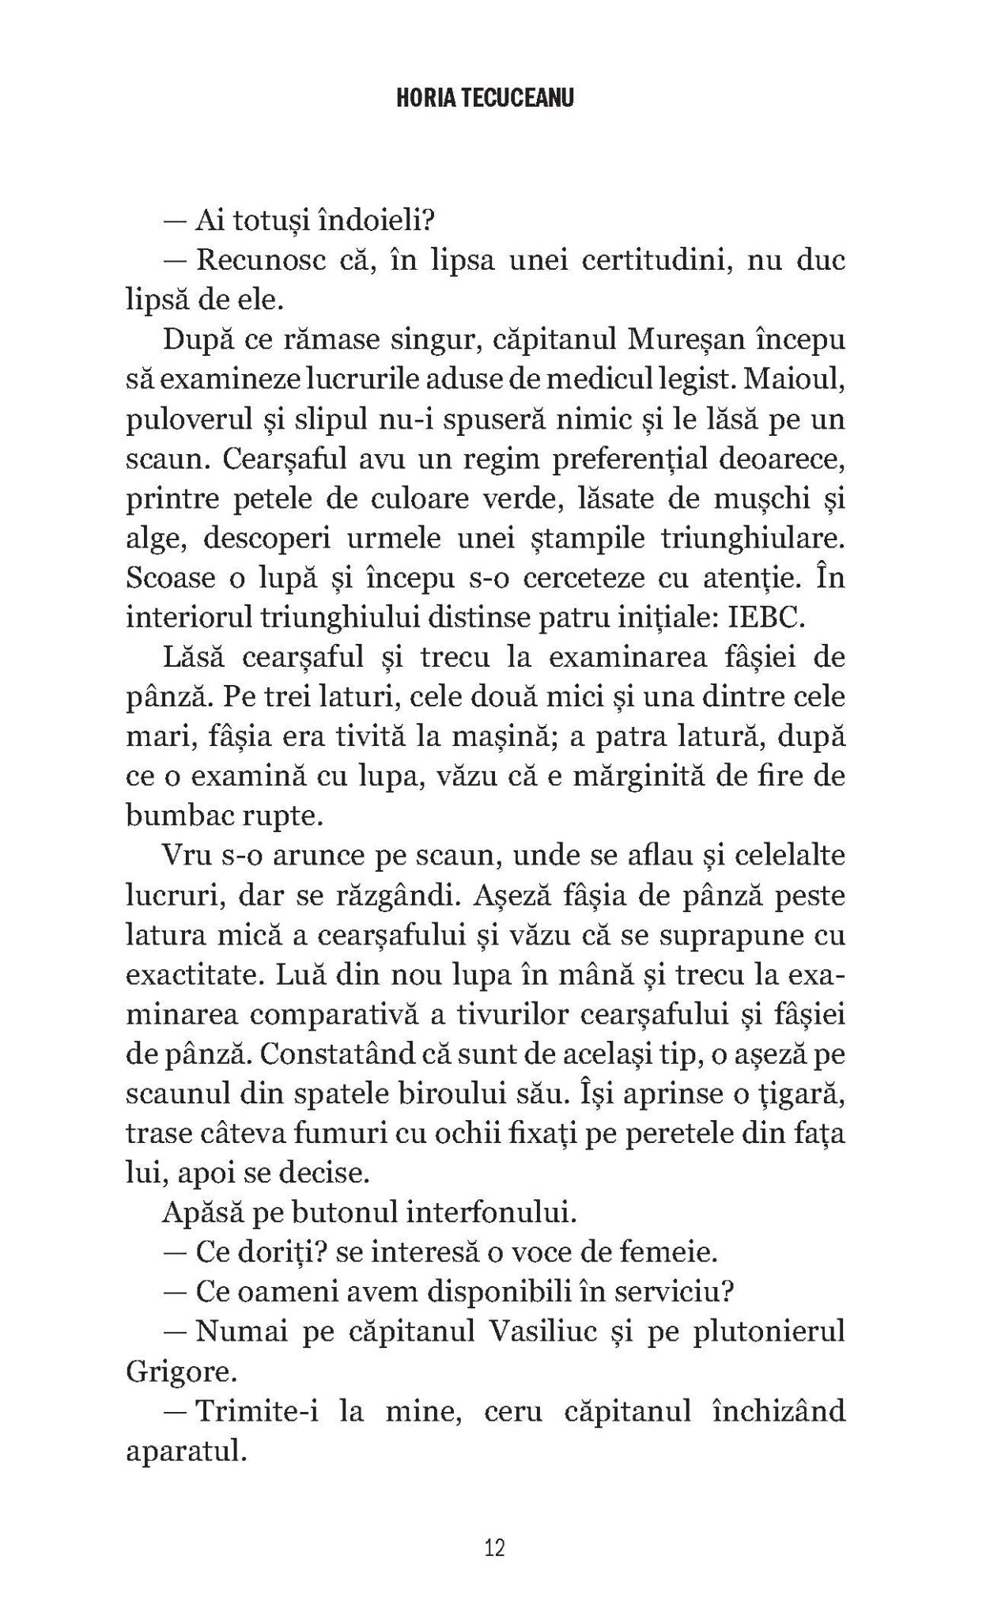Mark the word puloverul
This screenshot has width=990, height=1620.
(x=195, y=420)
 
